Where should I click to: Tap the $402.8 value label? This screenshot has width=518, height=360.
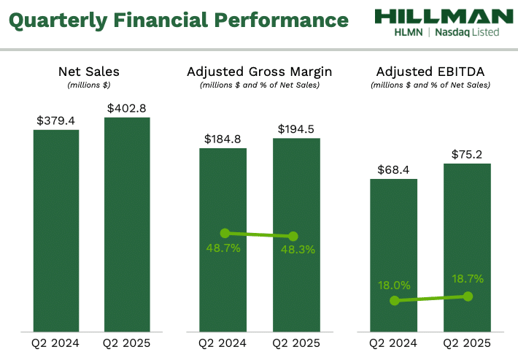coord(127,108)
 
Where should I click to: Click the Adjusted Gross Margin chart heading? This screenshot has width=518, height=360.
coord(259,72)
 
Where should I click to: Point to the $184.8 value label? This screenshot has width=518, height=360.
coord(224,139)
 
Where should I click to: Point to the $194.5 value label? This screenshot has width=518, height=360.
coord(296,129)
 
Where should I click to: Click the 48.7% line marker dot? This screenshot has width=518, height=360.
coord(225,233)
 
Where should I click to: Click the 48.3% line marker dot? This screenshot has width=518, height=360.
coord(293,237)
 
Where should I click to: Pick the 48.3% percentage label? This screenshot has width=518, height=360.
coord(296,250)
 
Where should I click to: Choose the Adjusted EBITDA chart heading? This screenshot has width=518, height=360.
coord(430,72)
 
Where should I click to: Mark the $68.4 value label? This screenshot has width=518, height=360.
coord(394,169)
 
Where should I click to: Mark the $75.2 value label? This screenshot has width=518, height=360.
coord(468,154)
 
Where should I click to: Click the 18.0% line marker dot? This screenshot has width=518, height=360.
coord(395,300)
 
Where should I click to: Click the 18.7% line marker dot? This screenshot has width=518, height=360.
coord(468,296)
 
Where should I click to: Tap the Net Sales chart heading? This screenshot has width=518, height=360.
coord(88,72)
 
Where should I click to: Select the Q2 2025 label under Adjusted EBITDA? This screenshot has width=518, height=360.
coord(467,342)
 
